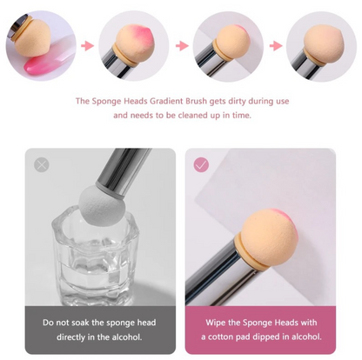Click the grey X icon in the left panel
tap(42, 164)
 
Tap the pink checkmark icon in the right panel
tap(201, 165)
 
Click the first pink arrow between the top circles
tap(87, 46)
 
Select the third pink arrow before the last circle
tap(276, 46)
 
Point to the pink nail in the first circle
tap(41, 65)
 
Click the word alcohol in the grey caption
tap(127, 337)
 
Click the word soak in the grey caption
tap(79, 323)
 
